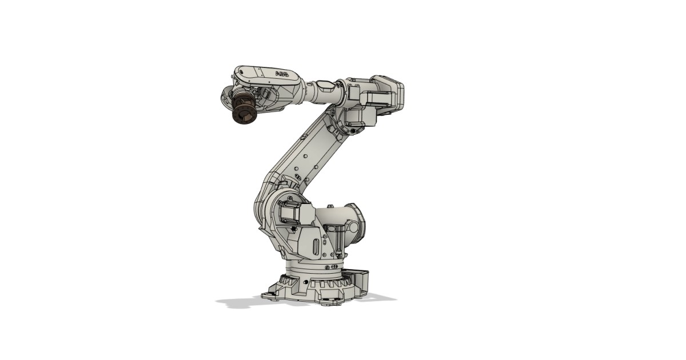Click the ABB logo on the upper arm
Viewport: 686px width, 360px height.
(282, 74)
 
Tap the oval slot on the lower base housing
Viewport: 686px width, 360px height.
(316, 247)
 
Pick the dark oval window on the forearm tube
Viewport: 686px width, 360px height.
(327, 85)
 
